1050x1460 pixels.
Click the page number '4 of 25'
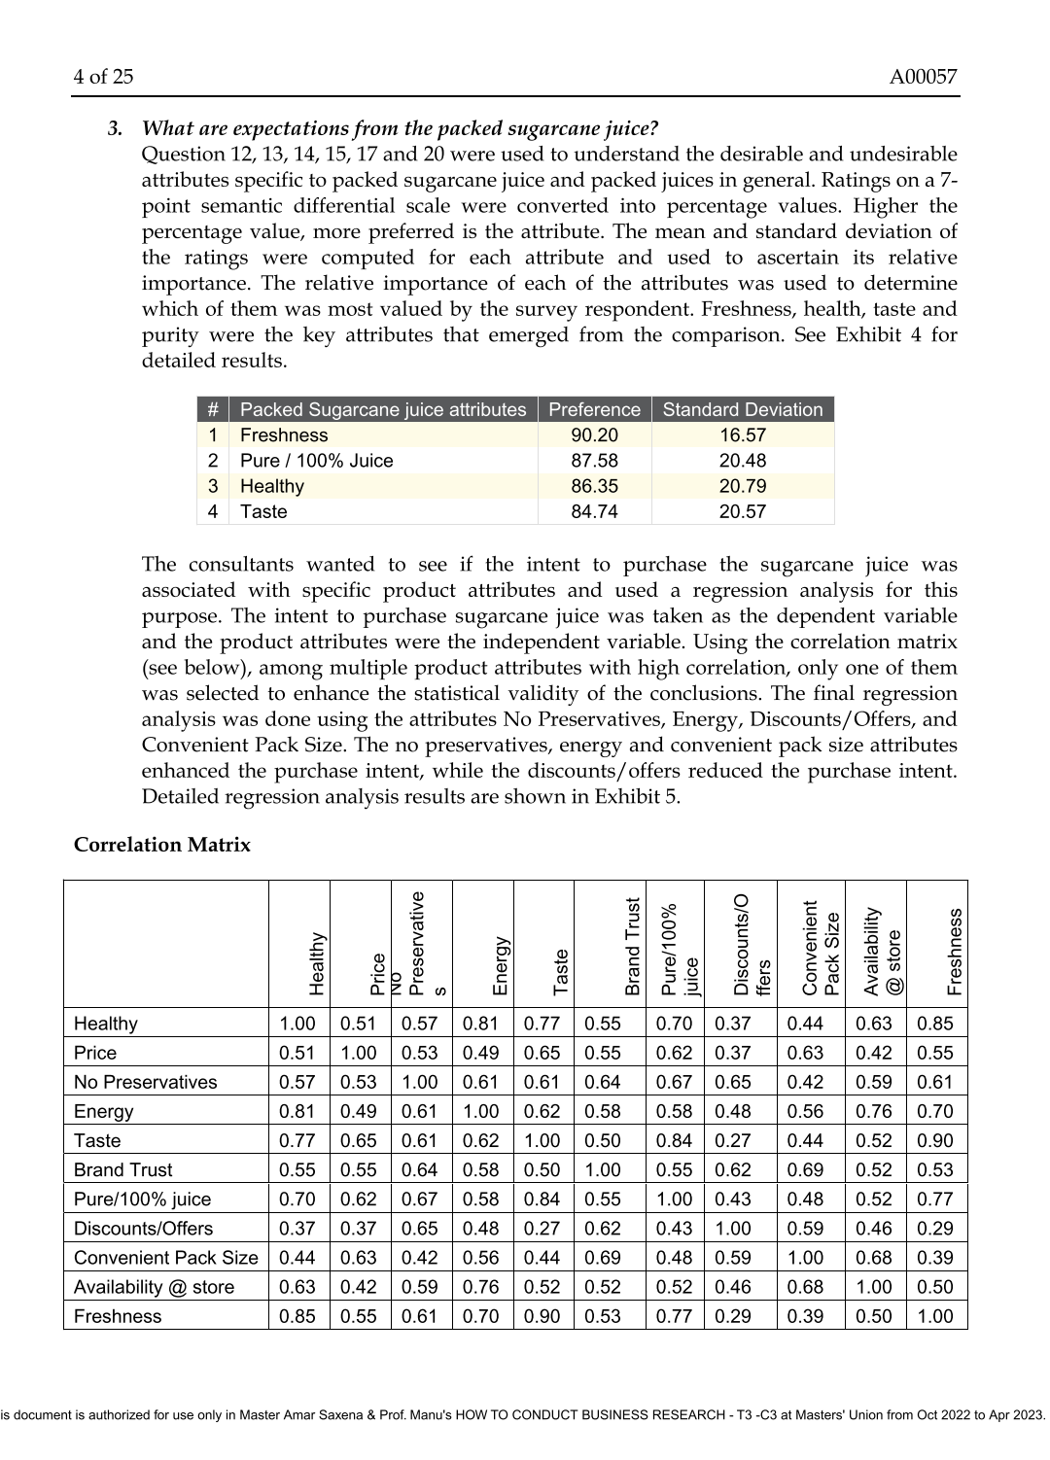103,77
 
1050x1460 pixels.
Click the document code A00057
923,77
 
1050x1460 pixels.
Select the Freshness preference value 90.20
594,435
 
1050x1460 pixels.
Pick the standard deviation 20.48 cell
742,461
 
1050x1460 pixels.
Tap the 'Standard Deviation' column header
742,409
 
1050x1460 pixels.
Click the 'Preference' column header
594,409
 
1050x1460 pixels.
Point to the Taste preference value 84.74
594,511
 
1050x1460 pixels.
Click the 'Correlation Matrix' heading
161,845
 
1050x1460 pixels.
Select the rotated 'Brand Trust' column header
633,946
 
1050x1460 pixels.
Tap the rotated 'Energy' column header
500,965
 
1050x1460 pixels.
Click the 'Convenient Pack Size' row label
165,1258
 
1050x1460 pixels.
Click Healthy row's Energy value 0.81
481,1024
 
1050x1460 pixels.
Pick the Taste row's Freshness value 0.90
935,1141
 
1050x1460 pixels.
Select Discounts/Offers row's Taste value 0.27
542,1229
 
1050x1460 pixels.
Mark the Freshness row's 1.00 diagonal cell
935,1316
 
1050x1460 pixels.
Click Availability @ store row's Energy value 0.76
481,1287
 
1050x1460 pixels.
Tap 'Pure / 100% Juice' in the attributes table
316,461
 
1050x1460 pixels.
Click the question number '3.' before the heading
116,128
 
